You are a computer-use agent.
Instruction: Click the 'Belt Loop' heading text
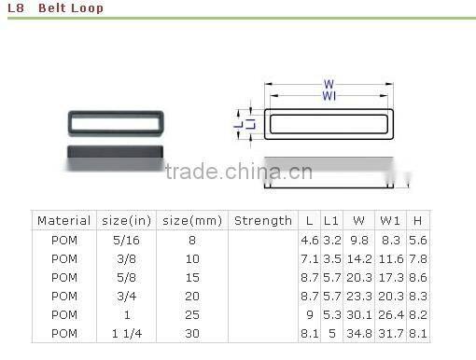71,7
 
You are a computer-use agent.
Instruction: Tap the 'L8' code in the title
16,7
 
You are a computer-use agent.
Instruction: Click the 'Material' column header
63,221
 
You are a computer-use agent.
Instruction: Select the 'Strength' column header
263,221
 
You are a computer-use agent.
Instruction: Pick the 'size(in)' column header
126,221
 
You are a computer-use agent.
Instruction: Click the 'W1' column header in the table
390,221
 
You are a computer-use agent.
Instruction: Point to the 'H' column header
417,221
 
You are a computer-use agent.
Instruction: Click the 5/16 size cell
126,240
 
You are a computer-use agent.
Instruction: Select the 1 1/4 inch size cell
127,334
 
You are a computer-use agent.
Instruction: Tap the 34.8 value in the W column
359,334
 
